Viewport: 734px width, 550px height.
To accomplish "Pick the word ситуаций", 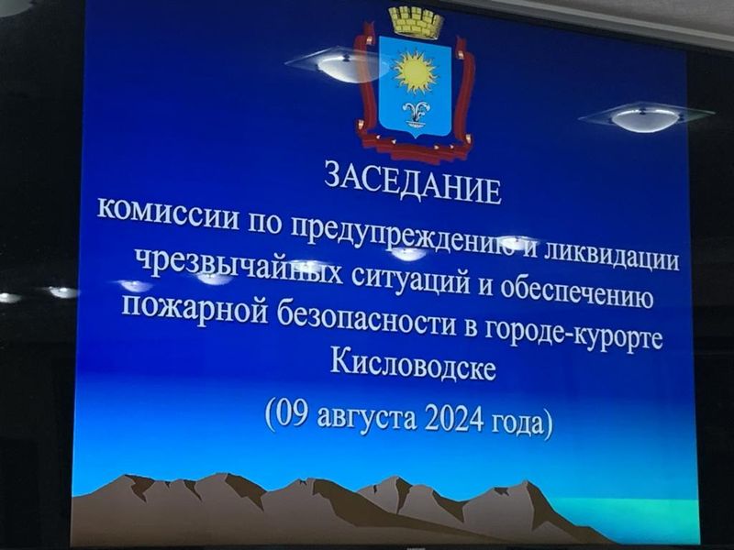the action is tap(410, 280).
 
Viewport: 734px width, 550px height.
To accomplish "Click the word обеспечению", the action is tap(577, 292).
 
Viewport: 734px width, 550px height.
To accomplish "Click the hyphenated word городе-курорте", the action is tap(573, 335).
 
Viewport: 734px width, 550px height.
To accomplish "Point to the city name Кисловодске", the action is tap(412, 364).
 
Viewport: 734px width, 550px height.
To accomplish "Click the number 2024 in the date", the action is tap(454, 419).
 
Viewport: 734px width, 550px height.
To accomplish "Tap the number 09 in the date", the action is tap(293, 414).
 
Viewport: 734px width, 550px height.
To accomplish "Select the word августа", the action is tap(366, 418).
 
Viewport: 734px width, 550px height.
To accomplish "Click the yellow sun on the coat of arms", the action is tap(415, 71).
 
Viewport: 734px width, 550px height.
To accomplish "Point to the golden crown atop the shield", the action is tap(417, 21).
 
